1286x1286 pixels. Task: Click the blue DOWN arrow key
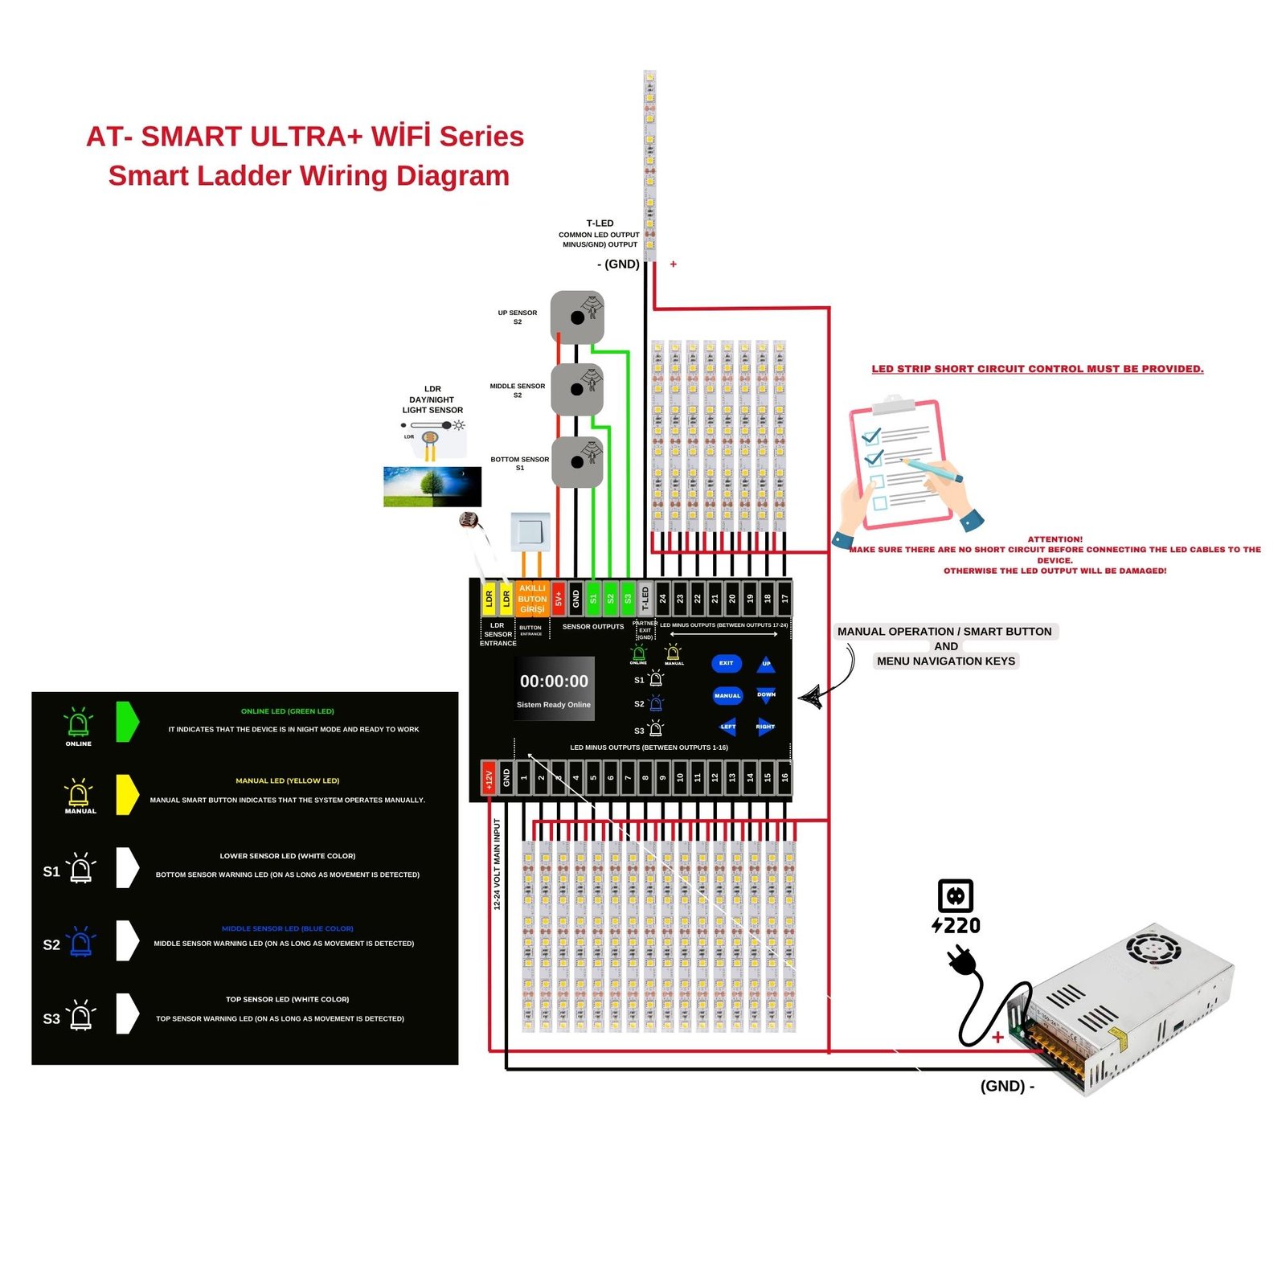pyautogui.click(x=765, y=694)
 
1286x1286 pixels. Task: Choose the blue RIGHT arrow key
pyautogui.click(x=765, y=727)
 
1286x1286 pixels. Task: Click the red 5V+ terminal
pyautogui.click(x=559, y=599)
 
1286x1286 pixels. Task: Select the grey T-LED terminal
pyautogui.click(x=645, y=599)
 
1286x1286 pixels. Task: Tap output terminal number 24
pyautogui.click(x=663, y=599)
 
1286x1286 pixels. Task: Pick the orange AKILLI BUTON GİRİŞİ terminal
pyautogui.click(x=532, y=599)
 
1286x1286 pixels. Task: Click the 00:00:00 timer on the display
pyautogui.click(x=554, y=682)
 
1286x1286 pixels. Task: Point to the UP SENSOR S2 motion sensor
pyautogui.click(x=577, y=317)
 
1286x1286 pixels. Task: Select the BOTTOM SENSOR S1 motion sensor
pyautogui.click(x=577, y=462)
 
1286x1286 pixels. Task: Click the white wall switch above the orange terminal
pyautogui.click(x=530, y=531)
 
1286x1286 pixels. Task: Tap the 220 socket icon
pyautogui.click(x=956, y=895)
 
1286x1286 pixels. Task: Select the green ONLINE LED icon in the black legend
pyautogui.click(x=79, y=724)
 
